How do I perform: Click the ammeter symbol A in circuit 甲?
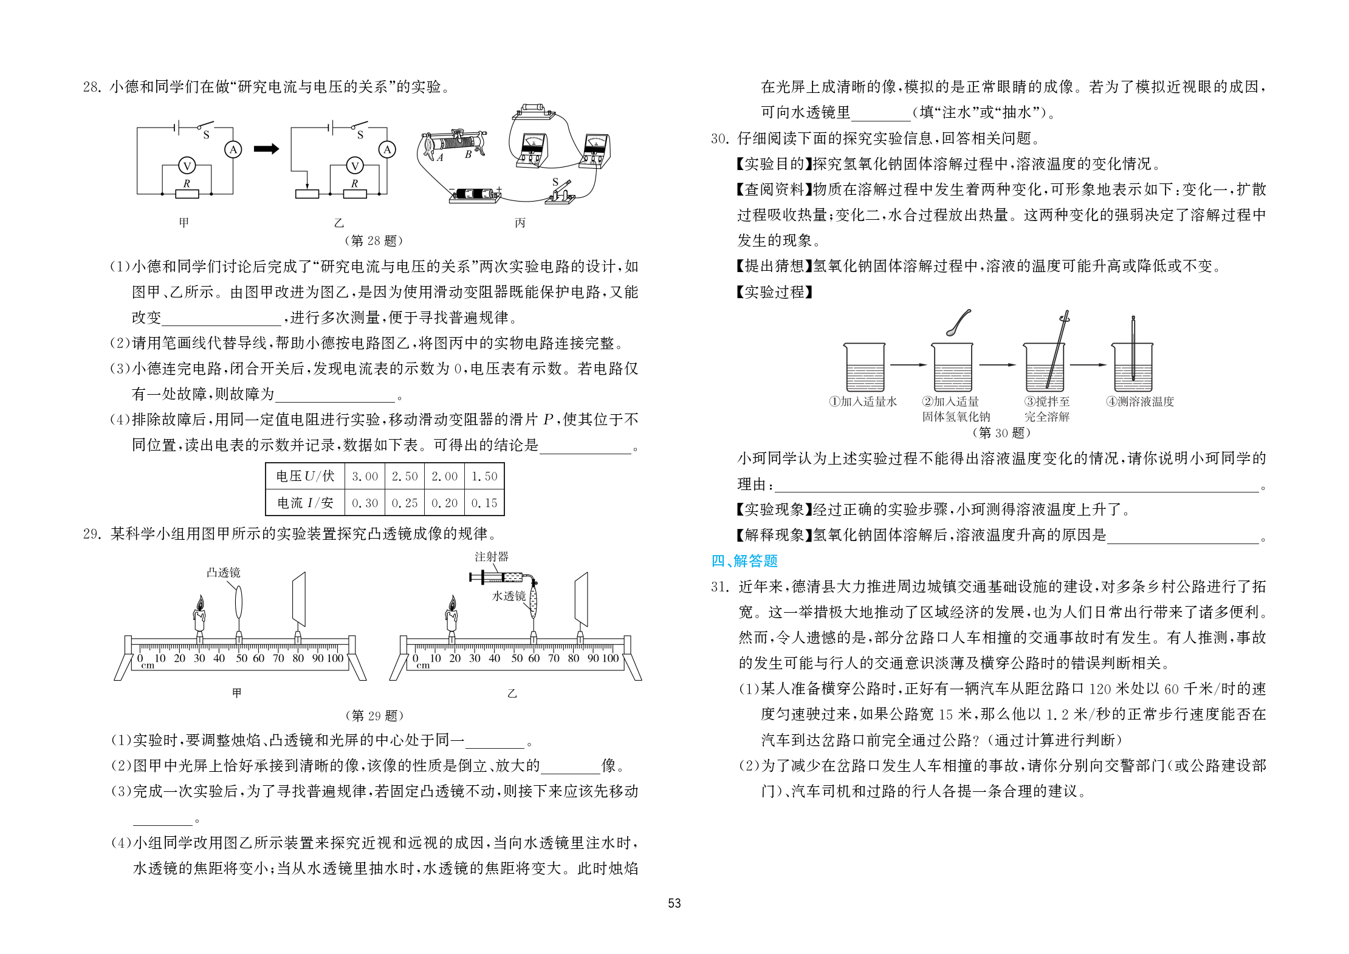coord(233,149)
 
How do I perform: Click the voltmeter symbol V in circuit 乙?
coord(354,165)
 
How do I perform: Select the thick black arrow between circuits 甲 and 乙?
coord(266,149)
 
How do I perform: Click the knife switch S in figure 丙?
coord(561,191)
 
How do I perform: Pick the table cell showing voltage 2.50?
coord(405,477)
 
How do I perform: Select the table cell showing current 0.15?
coord(484,503)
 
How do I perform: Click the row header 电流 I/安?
coord(305,503)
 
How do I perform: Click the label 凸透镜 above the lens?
coord(223,573)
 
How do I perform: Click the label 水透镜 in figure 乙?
coord(509,596)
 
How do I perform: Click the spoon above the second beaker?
coord(958,322)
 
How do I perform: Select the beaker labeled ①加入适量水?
coord(864,367)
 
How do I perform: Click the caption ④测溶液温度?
coord(1140,402)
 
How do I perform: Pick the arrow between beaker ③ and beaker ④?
coord(1088,365)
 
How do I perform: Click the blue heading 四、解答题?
coord(744,561)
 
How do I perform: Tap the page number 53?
coord(674,904)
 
